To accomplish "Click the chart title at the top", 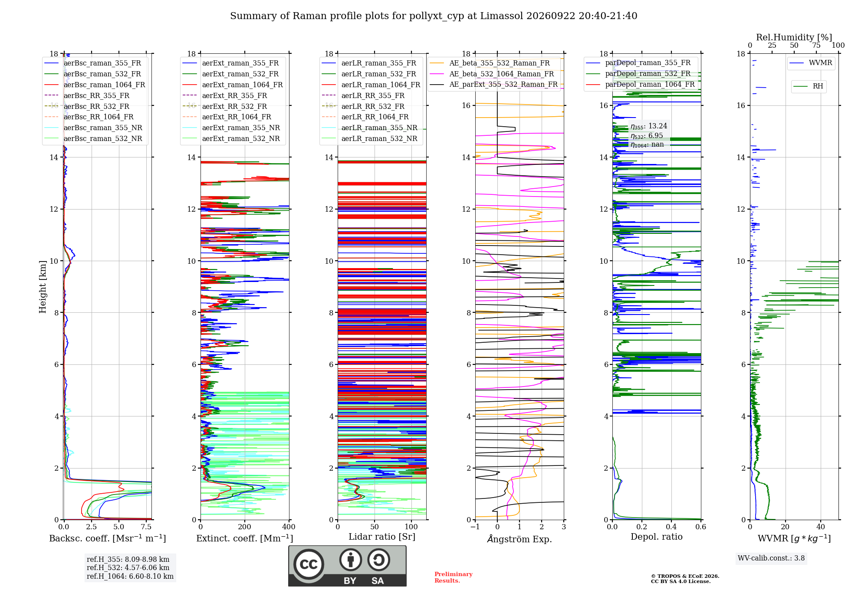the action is click(x=434, y=16).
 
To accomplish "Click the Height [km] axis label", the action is click(x=43, y=286).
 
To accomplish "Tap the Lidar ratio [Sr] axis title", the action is click(x=382, y=537).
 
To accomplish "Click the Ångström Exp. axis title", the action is click(x=519, y=539).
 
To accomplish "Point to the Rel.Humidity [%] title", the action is click(x=794, y=37).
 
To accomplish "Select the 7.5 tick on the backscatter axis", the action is click(x=146, y=527).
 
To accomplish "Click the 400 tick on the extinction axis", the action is click(x=289, y=527).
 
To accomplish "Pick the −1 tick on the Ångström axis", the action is click(x=475, y=527).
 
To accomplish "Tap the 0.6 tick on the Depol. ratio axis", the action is click(x=700, y=527).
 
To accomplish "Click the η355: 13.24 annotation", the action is click(x=649, y=126).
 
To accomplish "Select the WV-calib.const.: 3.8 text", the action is click(x=771, y=558).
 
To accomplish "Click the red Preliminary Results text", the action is click(x=454, y=577).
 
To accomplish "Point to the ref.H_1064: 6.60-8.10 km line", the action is click(x=130, y=577).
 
